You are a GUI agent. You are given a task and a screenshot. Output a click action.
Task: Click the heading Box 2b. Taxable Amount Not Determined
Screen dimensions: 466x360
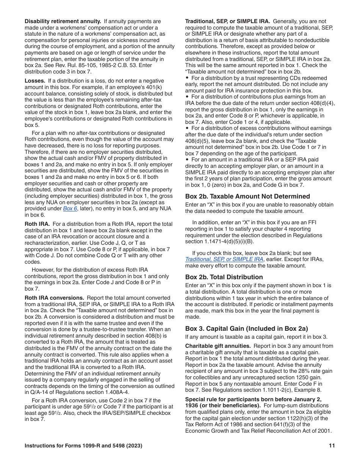pos(247,196)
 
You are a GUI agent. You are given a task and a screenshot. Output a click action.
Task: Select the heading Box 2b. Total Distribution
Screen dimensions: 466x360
pos(224,277)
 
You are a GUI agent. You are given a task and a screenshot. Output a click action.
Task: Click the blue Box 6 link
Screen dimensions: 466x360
pos(70,209)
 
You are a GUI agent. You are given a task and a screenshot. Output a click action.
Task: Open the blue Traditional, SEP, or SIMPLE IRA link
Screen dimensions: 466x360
pos(224,259)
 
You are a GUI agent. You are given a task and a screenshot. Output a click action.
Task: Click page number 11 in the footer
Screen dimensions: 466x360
pos(332,446)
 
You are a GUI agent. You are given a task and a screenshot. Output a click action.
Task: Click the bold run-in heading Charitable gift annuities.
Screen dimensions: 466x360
pos(218,346)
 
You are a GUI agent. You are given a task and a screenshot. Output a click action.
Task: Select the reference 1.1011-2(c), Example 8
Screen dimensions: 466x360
pos(288,390)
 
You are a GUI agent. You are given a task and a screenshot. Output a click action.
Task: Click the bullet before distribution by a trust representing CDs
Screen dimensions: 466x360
pos(187,78)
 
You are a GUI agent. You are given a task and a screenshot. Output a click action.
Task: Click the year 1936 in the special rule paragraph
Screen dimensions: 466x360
pos(193,405)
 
